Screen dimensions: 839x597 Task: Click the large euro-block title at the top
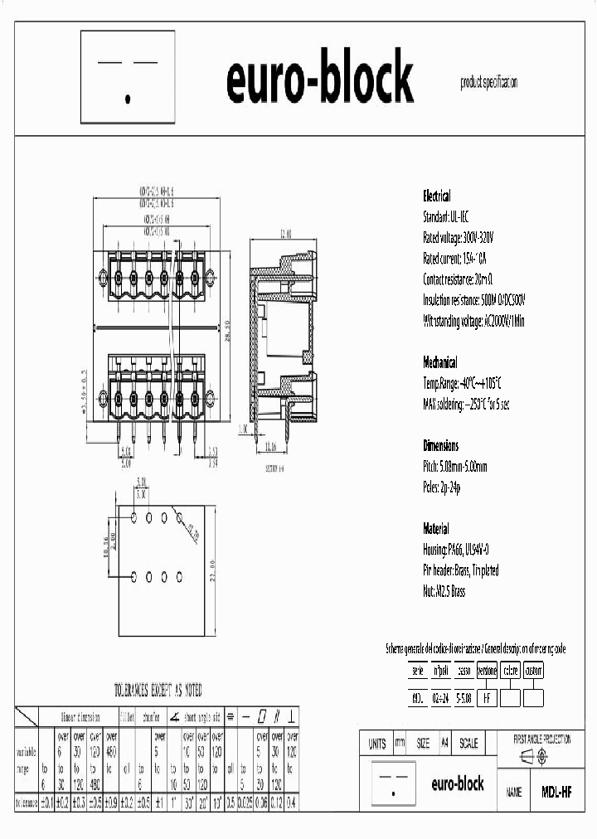[319, 78]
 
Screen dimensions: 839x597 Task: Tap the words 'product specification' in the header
[489, 82]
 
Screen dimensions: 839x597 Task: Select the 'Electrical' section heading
[437, 196]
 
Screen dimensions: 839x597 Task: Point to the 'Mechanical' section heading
[440, 362]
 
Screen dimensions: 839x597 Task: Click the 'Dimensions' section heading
[440, 445]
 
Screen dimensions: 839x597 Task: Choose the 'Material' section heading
[436, 528]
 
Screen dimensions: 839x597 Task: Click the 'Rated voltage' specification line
[459, 238]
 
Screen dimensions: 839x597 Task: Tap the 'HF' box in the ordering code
[488, 698]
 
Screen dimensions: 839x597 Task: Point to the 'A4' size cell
[444, 744]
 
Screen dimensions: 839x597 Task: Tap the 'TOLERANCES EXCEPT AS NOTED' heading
[158, 690]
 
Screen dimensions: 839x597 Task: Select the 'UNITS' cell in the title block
[377, 744]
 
